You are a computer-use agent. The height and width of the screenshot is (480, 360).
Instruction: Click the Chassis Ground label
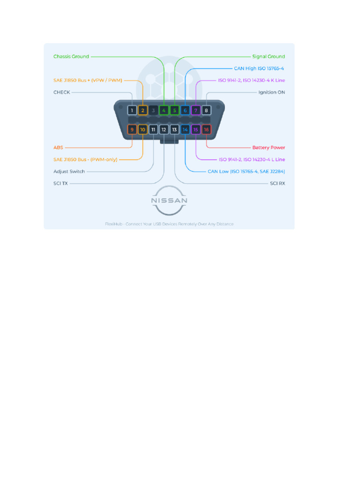(x=71, y=57)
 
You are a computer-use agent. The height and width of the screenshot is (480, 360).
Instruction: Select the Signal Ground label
(x=268, y=57)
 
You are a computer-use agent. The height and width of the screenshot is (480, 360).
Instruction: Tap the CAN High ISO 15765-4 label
(x=259, y=68)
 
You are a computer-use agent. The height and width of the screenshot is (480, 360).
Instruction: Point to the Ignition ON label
(x=271, y=92)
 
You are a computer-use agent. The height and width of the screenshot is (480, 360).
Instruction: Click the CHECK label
(x=62, y=92)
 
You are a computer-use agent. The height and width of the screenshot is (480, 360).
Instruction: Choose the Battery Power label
(x=269, y=148)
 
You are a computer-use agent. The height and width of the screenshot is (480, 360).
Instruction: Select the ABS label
(x=58, y=148)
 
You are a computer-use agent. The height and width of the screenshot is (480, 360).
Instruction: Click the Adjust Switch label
(x=69, y=172)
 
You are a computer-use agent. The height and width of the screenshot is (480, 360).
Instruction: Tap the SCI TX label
(x=60, y=183)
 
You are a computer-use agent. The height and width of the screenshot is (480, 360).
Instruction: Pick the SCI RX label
(x=277, y=183)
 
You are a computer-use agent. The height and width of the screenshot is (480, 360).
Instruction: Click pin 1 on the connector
(x=132, y=111)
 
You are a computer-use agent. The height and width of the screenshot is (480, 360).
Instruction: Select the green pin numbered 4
(x=164, y=111)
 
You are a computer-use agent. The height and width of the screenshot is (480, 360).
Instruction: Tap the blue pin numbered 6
(x=185, y=111)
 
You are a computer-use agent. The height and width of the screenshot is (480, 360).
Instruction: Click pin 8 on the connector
(x=206, y=111)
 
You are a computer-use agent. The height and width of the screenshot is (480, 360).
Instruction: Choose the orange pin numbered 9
(x=132, y=129)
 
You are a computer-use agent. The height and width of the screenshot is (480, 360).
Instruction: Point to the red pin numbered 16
(x=206, y=129)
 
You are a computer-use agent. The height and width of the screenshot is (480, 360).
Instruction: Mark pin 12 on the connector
(x=164, y=129)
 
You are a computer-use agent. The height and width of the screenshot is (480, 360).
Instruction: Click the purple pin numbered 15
(x=196, y=129)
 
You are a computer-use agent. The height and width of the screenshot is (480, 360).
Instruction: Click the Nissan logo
(x=169, y=201)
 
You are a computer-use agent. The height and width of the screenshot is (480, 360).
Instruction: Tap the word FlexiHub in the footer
(x=113, y=224)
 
